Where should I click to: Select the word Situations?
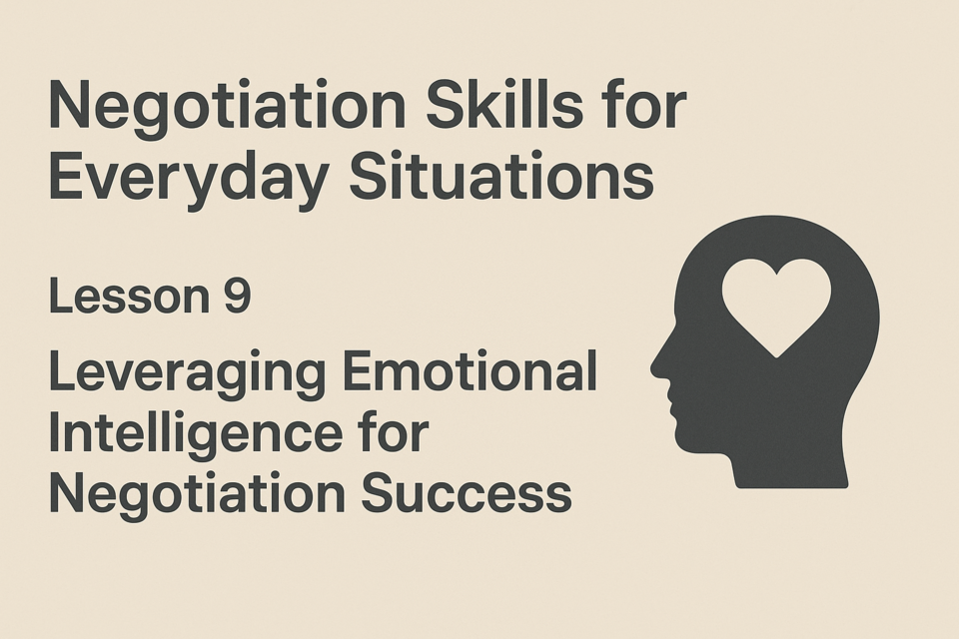(501, 175)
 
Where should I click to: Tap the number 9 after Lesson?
(238, 297)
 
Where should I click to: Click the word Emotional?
(470, 371)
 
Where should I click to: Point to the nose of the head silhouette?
(655, 366)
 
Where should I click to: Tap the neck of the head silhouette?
(790, 464)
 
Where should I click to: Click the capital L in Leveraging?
(62, 371)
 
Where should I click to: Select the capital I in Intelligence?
(53, 433)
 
